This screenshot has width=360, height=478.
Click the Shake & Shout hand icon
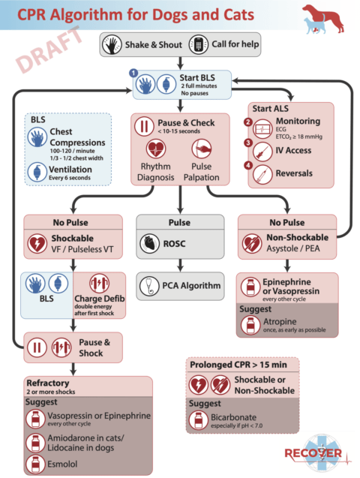112,44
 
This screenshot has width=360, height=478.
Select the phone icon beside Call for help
198,44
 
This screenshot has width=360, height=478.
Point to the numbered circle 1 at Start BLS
133,72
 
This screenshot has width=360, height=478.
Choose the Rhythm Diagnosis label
154,173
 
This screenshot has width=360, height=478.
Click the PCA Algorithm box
180,285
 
